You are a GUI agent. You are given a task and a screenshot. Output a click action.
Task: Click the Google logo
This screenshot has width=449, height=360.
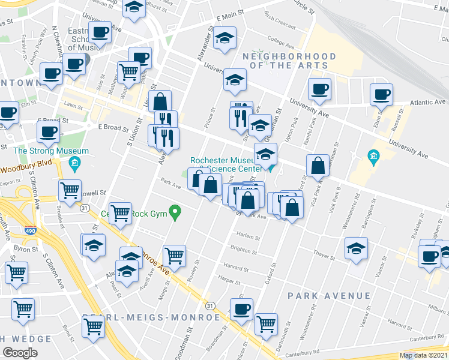pyautogui.click(x=20, y=352)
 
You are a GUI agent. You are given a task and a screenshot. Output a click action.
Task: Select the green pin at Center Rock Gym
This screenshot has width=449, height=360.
pyautogui.click(x=175, y=211)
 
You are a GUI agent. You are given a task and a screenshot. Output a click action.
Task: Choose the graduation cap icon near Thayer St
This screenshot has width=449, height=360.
pyautogui.click(x=356, y=247)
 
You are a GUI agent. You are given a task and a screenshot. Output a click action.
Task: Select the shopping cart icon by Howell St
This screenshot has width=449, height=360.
pyautogui.click(x=70, y=190)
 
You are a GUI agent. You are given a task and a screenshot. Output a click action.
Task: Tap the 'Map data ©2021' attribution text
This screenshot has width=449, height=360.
pyautogui.click(x=423, y=355)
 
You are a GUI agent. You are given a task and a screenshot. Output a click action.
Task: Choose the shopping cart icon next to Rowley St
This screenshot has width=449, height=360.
pyautogui.click(x=174, y=255)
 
